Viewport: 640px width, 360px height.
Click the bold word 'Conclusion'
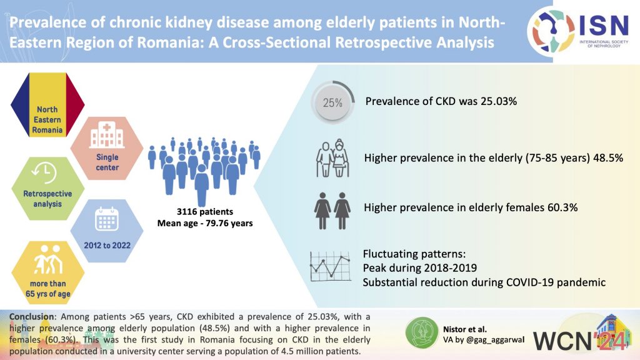coord(31,317)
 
